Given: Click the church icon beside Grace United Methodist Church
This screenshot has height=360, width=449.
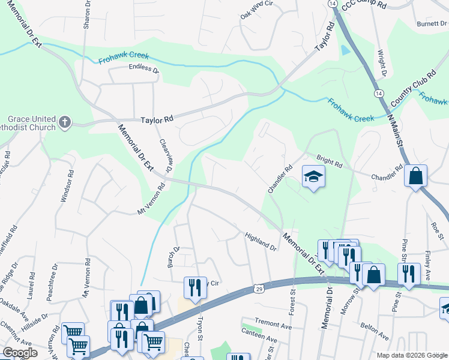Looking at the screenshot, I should (x=65, y=123).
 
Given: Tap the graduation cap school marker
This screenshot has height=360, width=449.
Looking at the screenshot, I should (x=313, y=176).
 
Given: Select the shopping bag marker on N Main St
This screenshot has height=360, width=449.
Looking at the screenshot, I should (x=415, y=176).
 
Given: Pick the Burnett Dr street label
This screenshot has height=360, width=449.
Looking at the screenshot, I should (x=432, y=24).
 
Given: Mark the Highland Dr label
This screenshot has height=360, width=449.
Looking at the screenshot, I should (x=261, y=242).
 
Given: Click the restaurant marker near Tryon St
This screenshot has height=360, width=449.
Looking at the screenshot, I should (x=195, y=286).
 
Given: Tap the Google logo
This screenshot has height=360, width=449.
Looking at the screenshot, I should (x=20, y=353).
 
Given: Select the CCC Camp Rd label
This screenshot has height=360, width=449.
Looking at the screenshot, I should (x=364, y=4).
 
